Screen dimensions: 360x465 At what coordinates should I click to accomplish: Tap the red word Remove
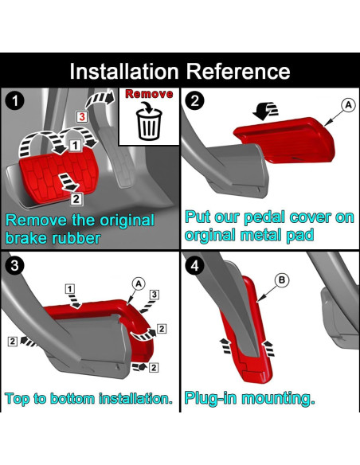[x=149, y=94]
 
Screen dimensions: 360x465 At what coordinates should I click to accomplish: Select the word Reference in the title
[x=238, y=72]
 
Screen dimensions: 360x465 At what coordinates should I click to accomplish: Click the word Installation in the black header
[x=124, y=72]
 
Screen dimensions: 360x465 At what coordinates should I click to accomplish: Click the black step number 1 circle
[x=14, y=100]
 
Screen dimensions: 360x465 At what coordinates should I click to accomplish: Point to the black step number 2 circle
[x=194, y=100]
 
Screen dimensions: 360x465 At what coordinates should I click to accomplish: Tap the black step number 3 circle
[x=14, y=265]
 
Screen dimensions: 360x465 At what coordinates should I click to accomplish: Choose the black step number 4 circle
[x=194, y=265]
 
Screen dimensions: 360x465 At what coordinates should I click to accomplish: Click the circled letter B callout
[x=282, y=280]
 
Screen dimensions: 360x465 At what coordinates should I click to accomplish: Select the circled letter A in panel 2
[x=348, y=104]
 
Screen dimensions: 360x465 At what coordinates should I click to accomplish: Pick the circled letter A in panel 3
[x=139, y=283]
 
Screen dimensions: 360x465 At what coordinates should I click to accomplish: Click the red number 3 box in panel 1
[x=82, y=116]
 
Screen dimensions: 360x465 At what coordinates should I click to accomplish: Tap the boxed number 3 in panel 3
[x=155, y=295]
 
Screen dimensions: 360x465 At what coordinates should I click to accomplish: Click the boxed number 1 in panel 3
[x=70, y=289]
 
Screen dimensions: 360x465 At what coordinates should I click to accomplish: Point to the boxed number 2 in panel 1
[x=76, y=199]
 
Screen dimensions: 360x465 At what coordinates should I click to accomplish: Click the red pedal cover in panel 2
[x=284, y=140]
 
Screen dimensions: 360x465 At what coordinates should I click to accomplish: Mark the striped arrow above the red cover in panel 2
[x=266, y=111]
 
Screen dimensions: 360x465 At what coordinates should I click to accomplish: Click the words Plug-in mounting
[x=249, y=398]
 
